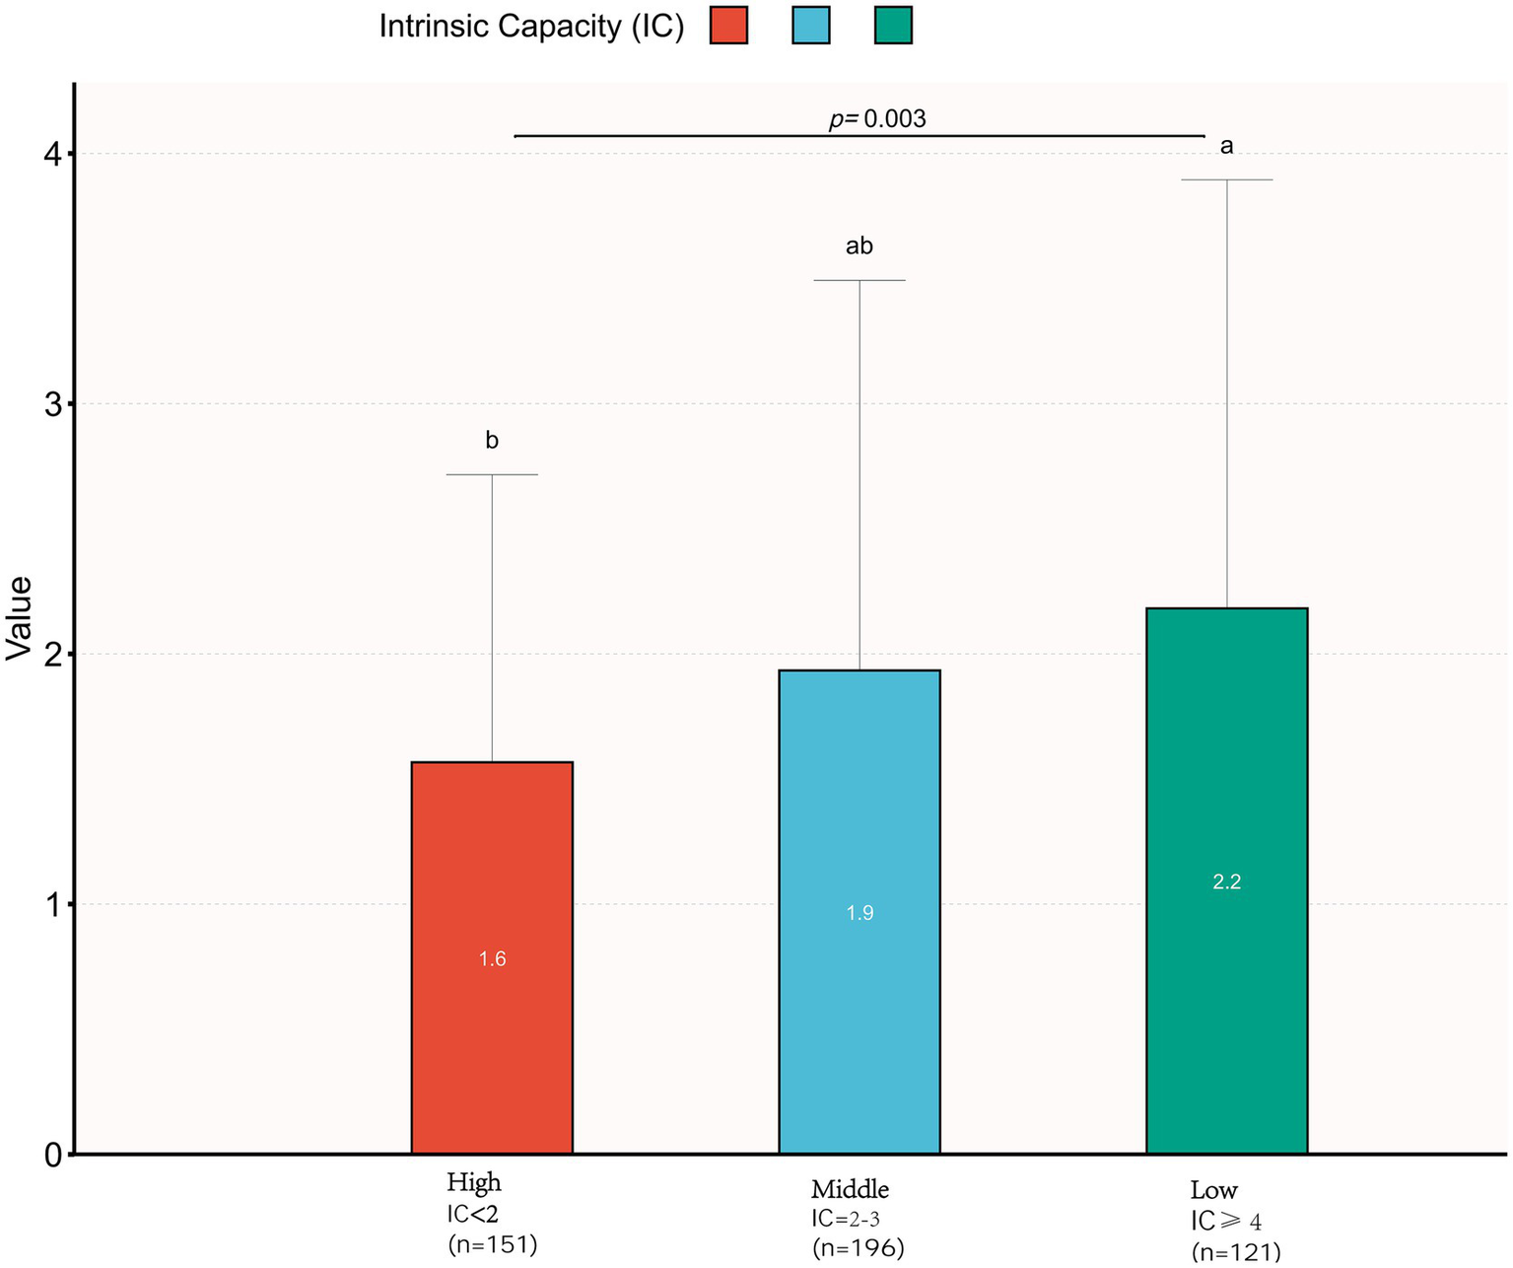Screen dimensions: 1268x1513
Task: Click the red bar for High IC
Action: pyautogui.click(x=492, y=1035)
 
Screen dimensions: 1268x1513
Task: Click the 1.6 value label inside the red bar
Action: pyautogui.click(x=492, y=959)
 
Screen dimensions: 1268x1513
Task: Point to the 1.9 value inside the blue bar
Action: pyautogui.click(x=860, y=913)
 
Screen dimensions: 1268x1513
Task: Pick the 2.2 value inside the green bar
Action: pyautogui.click(x=1226, y=882)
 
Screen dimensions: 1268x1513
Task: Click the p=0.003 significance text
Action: pyautogui.click(x=876, y=119)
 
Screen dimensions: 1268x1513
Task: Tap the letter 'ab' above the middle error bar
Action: pyautogui.click(x=860, y=247)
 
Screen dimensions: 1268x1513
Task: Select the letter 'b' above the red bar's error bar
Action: pyautogui.click(x=492, y=441)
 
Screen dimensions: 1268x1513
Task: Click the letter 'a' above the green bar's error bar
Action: pyautogui.click(x=1226, y=147)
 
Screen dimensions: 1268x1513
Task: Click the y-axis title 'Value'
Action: pyautogui.click(x=20, y=618)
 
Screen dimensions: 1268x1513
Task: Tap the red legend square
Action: pyautogui.click(x=728, y=26)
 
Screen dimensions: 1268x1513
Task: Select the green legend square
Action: pyautogui.click(x=893, y=26)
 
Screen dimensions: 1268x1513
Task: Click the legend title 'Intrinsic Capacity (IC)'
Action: pyautogui.click(x=531, y=27)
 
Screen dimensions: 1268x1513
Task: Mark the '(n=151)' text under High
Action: pyautogui.click(x=492, y=1245)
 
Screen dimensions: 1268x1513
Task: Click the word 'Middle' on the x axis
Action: pyautogui.click(x=850, y=1188)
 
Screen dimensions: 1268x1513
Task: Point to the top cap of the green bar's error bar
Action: pyautogui.click(x=1226, y=180)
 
